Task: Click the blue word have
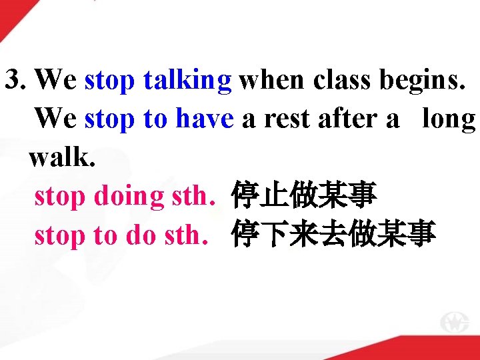(x=204, y=119)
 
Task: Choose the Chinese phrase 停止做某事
(x=304, y=197)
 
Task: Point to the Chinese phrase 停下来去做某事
(x=333, y=235)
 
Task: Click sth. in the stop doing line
(x=191, y=197)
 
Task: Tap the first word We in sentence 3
(x=55, y=80)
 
